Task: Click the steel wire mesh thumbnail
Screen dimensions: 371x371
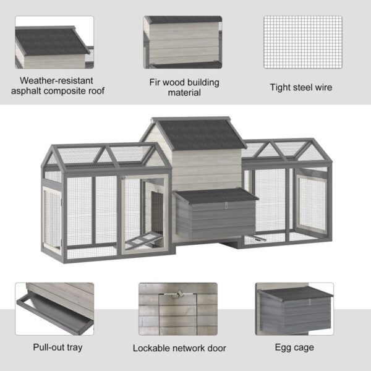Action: coord(303,42)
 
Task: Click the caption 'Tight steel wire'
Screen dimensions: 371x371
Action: coord(301,87)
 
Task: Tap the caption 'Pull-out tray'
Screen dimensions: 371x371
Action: coord(58,347)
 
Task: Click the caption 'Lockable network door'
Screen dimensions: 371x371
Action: coord(179,348)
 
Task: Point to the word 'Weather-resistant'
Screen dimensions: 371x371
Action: coord(56,80)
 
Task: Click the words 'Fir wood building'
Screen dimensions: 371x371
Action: coord(184,82)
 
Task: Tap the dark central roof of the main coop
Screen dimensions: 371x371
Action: coord(198,135)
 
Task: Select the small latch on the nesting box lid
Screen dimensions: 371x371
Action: coord(226,197)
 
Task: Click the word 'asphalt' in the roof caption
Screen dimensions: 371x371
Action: coord(35,91)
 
